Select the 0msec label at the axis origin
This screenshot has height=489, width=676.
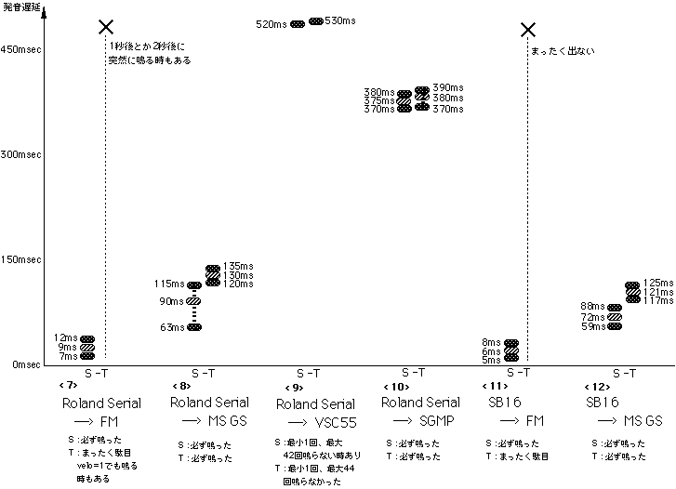[x=26, y=364]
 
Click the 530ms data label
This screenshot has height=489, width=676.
[x=340, y=20]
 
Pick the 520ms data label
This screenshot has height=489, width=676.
[x=272, y=24]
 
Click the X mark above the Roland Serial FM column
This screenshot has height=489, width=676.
[x=106, y=28]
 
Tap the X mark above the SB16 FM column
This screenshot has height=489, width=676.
[x=527, y=31]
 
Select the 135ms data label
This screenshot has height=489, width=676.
[x=239, y=266]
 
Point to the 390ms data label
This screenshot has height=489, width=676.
[x=450, y=86]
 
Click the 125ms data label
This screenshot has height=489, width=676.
[x=657, y=282]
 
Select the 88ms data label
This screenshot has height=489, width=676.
[x=592, y=306]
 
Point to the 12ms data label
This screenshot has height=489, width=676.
[x=67, y=337]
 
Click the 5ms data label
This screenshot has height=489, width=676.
[x=492, y=360]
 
